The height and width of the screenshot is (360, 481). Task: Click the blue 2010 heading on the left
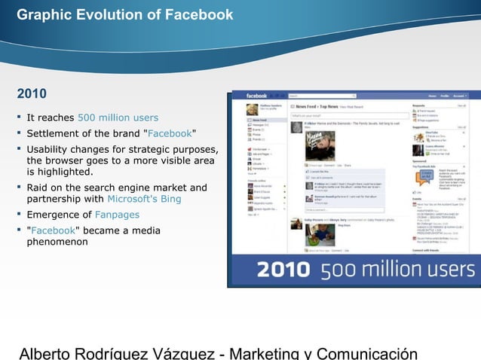pos(32,94)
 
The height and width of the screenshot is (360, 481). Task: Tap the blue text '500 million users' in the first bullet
pos(118,117)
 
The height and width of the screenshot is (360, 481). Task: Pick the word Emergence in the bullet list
pos(56,215)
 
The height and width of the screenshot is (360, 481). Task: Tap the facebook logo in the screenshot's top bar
pos(256,96)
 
